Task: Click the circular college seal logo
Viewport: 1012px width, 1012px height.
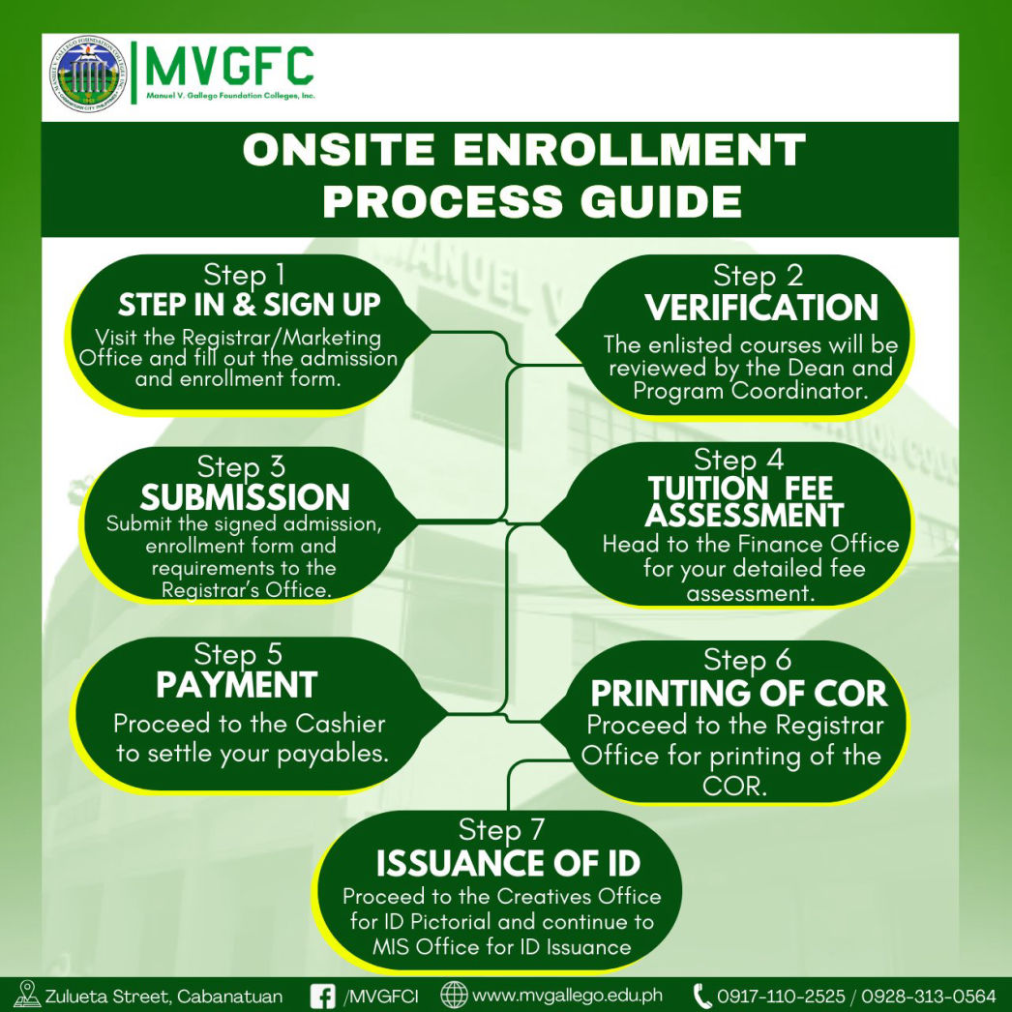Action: click(88, 74)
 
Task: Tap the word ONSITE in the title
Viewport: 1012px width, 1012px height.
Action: click(339, 149)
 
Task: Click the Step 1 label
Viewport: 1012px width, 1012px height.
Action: click(244, 275)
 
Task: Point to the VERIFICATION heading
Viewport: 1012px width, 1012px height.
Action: click(761, 308)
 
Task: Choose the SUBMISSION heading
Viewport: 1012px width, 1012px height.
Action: click(245, 497)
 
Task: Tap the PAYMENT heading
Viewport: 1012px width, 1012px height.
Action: click(236, 685)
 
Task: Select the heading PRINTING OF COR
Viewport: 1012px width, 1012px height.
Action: click(739, 694)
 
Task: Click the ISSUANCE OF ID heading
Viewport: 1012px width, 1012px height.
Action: click(508, 864)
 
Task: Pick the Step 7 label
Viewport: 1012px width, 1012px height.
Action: click(501, 830)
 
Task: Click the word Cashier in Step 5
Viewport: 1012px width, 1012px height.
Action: click(341, 724)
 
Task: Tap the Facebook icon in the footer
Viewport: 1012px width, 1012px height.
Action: click(323, 996)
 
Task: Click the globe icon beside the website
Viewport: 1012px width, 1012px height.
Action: click(454, 996)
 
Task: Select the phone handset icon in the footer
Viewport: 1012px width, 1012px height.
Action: click(701, 996)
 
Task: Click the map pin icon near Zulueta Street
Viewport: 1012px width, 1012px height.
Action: click(27, 994)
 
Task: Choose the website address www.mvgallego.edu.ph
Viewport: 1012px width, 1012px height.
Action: click(567, 996)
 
